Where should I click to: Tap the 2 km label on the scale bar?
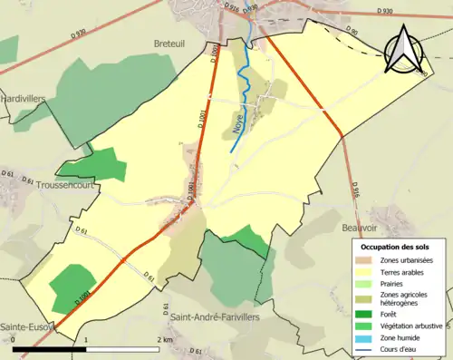[x=164, y=339]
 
